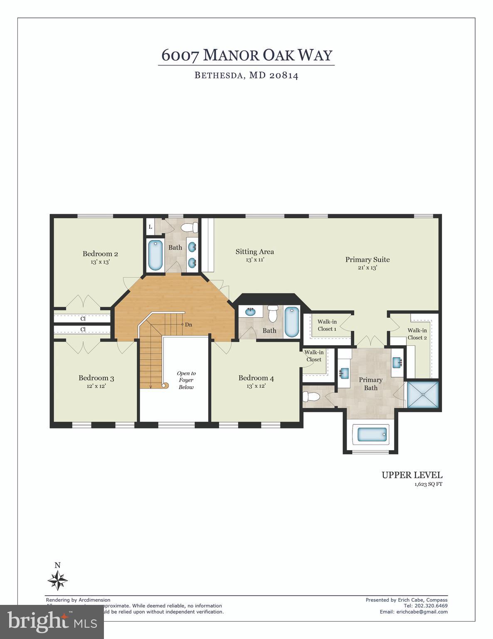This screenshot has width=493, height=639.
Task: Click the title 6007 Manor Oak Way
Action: click(x=246, y=55)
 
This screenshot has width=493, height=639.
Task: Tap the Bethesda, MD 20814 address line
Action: click(x=246, y=76)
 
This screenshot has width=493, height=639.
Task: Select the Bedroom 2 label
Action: click(x=100, y=254)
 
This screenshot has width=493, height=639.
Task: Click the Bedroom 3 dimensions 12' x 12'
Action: click(x=96, y=386)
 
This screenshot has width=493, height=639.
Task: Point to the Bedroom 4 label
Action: click(x=256, y=378)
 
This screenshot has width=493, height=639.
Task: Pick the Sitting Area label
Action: click(x=255, y=251)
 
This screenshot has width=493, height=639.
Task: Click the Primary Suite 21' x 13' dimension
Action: click(x=367, y=268)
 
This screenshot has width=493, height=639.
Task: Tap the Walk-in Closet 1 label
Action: click(x=327, y=325)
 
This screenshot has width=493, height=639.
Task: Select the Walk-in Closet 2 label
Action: click(x=417, y=334)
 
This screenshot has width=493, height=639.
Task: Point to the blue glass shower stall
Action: click(x=422, y=394)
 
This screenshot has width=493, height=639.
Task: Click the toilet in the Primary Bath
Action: click(x=311, y=396)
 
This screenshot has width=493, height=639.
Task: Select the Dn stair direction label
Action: click(x=188, y=324)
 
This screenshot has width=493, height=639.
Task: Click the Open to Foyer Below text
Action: click(x=186, y=380)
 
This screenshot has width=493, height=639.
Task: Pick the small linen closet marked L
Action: click(x=150, y=227)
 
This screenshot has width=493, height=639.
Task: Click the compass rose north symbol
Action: click(x=58, y=580)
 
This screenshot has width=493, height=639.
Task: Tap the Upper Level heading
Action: click(x=412, y=475)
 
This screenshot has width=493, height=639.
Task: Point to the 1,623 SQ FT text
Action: click(x=428, y=484)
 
